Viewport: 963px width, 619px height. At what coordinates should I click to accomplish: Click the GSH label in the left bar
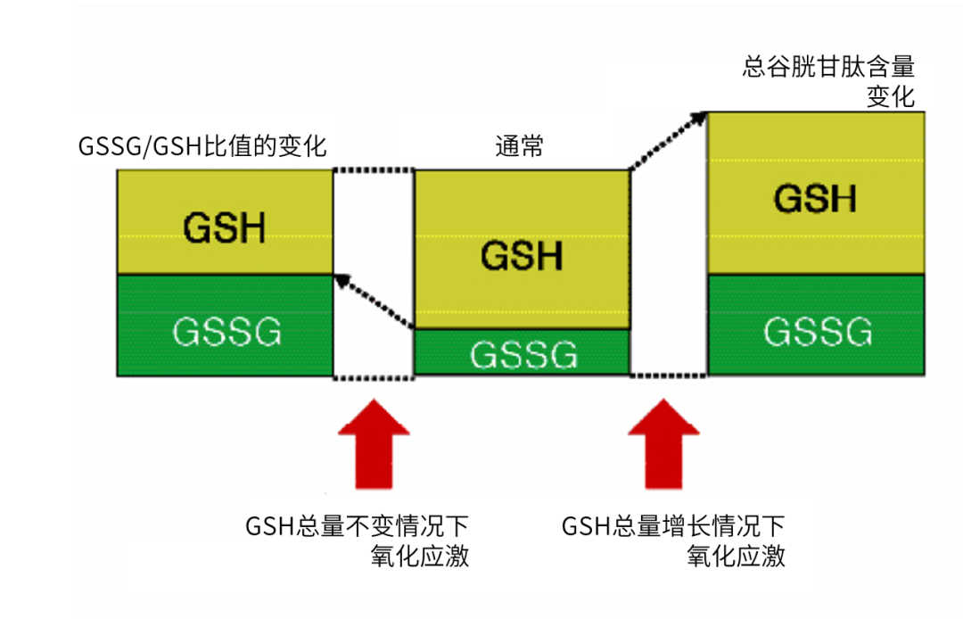click(x=224, y=228)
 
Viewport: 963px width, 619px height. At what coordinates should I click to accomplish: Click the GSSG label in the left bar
click(x=226, y=332)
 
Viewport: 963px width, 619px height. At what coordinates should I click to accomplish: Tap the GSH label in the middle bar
click(x=522, y=255)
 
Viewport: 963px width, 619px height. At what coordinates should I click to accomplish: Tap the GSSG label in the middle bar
click(x=523, y=355)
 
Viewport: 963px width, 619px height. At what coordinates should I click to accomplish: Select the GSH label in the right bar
click(x=814, y=198)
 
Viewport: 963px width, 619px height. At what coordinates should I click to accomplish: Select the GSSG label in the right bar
click(x=817, y=332)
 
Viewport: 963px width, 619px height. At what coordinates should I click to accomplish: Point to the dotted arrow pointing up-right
click(x=667, y=140)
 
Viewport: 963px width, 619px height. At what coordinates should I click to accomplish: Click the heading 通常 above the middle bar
click(x=519, y=146)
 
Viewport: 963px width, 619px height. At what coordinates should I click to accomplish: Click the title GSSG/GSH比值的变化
click(x=202, y=145)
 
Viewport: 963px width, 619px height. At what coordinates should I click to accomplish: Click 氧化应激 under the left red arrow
click(x=419, y=557)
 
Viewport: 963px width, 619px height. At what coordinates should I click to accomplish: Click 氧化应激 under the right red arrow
click(x=736, y=557)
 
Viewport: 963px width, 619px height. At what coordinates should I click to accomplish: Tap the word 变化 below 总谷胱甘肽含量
click(x=891, y=96)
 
